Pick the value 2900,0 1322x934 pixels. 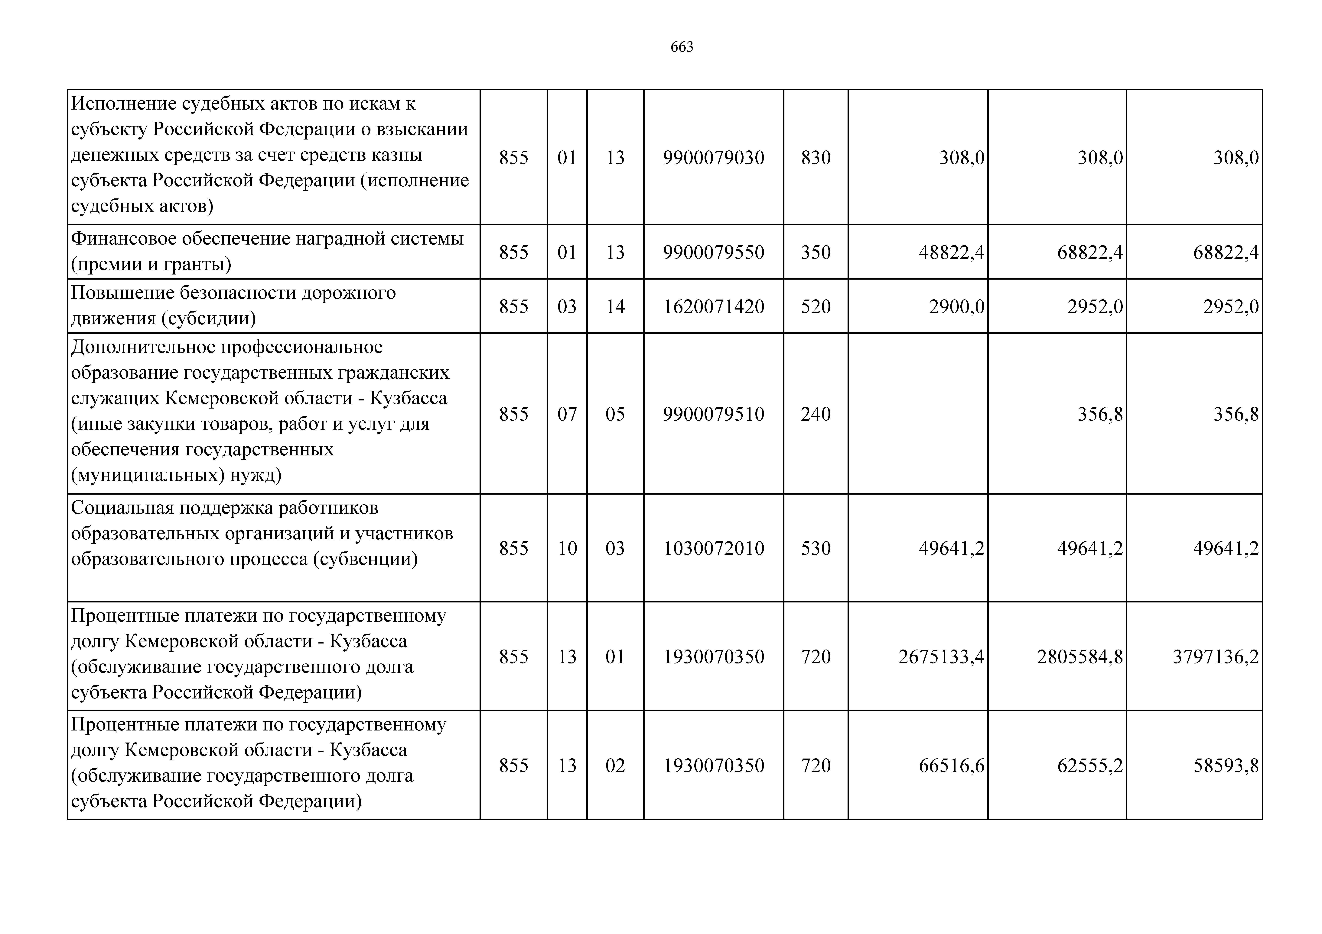(x=956, y=306)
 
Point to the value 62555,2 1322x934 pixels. (x=1090, y=765)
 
